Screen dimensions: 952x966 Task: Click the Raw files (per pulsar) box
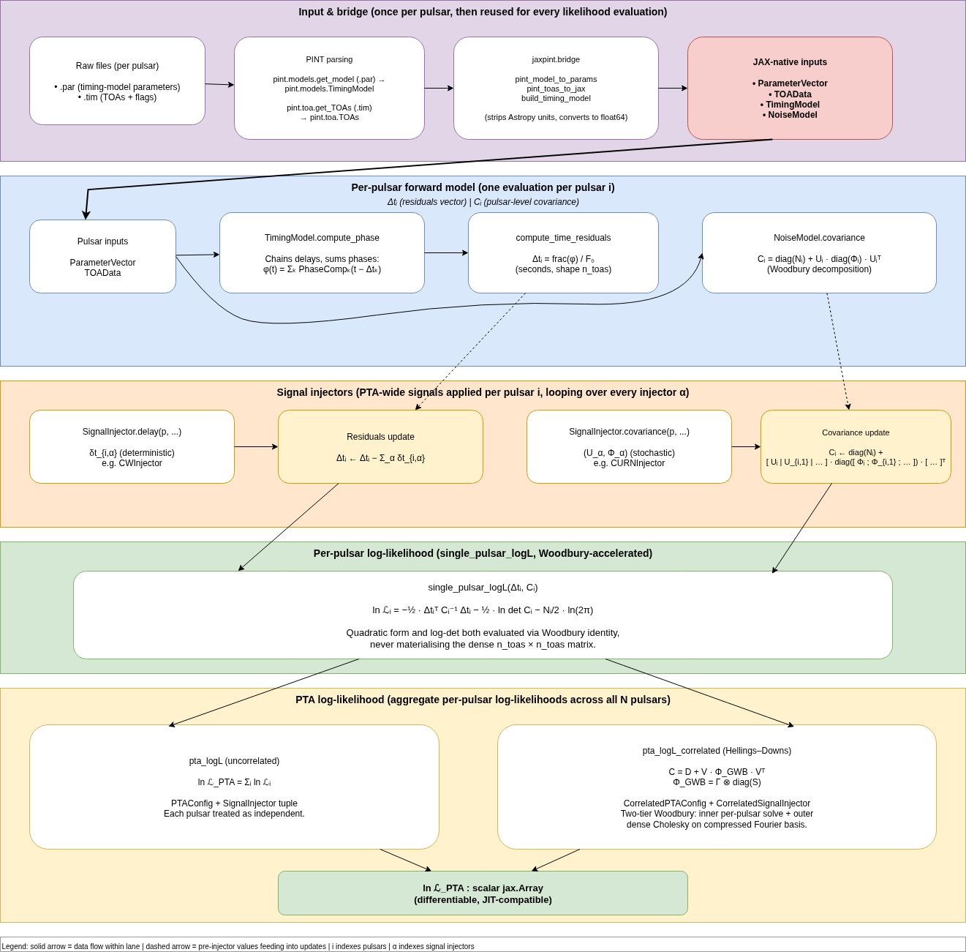point(117,80)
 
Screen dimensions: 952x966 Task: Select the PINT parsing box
point(329,88)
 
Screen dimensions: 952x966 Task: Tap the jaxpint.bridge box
point(556,88)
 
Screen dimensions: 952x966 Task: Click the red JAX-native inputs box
point(790,88)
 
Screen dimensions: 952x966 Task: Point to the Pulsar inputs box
point(102,256)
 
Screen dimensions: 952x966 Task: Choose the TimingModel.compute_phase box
point(322,252)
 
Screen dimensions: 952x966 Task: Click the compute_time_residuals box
point(563,252)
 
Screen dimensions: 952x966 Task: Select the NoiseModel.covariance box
point(819,252)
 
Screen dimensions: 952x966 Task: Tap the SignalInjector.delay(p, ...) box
point(132,446)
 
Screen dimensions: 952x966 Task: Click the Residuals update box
point(380,446)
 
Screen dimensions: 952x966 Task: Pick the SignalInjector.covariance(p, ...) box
point(629,446)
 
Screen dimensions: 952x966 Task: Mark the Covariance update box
point(856,446)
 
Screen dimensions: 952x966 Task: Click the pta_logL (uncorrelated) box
point(234,787)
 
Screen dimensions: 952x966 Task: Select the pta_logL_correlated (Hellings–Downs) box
point(717,787)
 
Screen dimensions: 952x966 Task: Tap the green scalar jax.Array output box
point(483,893)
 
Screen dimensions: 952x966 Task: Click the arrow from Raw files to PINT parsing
point(219,84)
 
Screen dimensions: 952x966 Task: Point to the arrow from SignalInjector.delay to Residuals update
point(256,446)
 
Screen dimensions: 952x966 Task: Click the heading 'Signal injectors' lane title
point(483,392)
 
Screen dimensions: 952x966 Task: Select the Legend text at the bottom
point(238,946)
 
